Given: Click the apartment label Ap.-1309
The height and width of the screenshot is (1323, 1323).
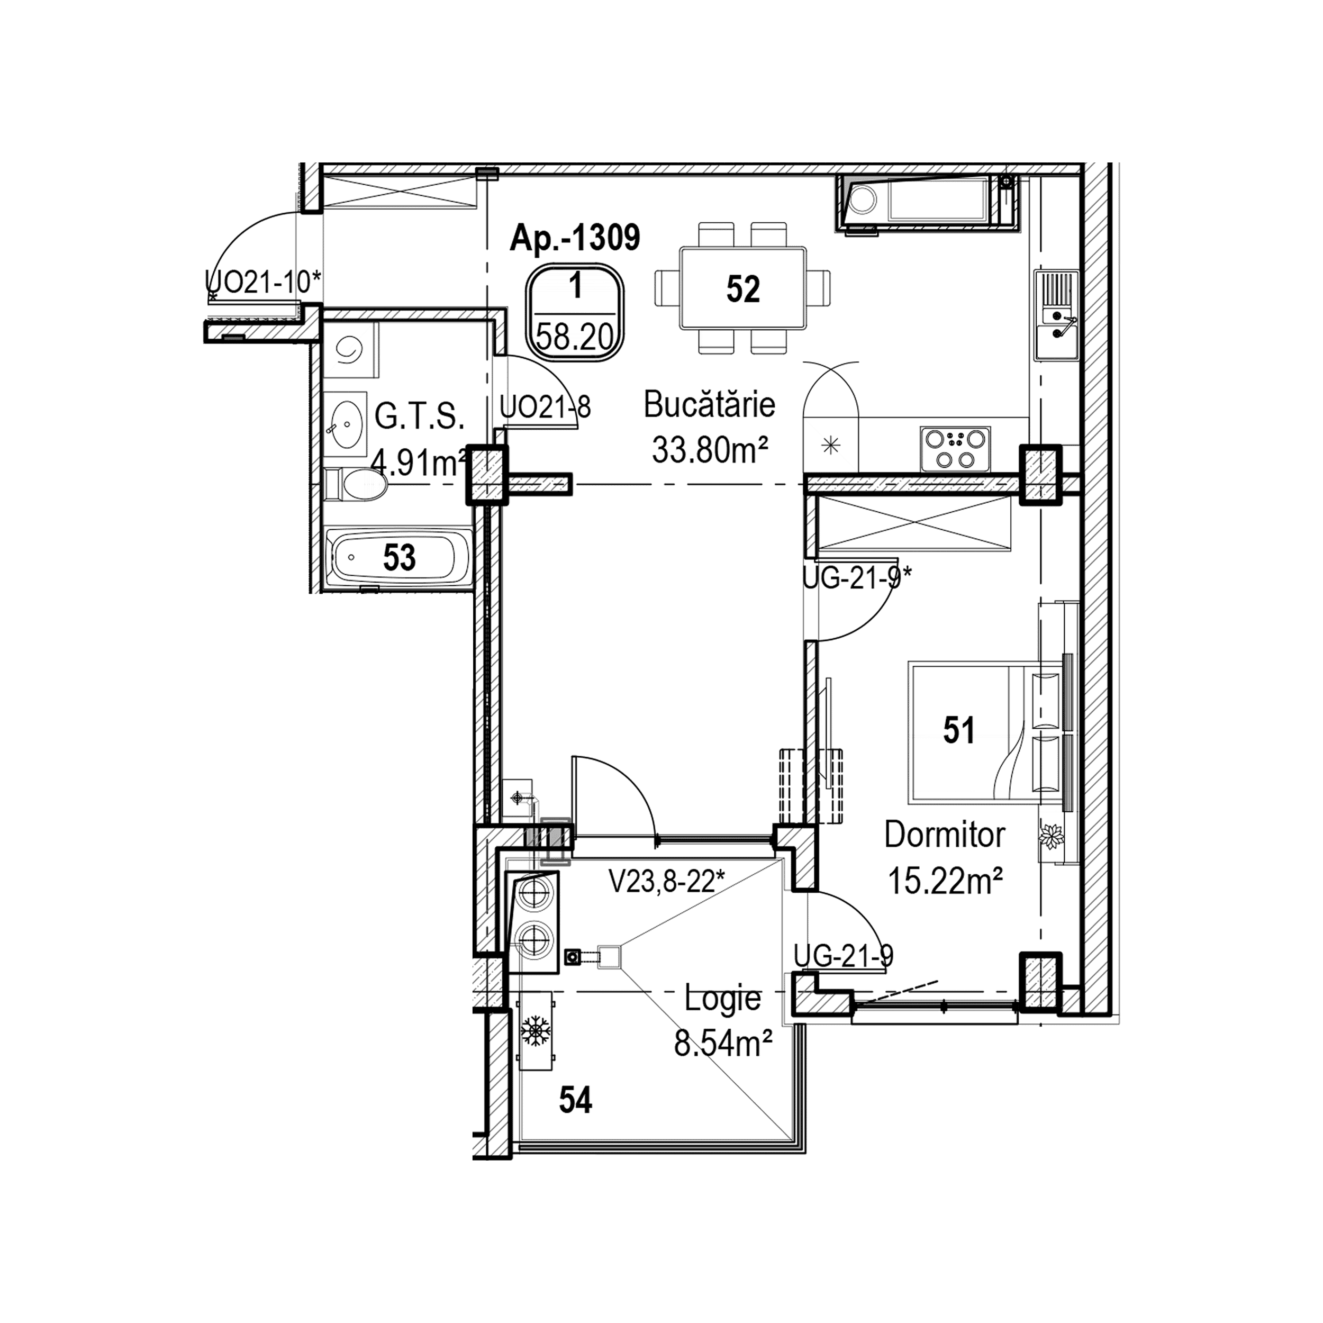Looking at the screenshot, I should pos(575,238).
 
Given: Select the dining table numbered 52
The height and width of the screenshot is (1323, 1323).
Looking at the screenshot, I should pos(743,288).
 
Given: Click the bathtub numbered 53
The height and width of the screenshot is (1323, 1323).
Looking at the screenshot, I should pos(398,557).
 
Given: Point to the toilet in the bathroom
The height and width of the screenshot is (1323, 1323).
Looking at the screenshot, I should pos(356,485).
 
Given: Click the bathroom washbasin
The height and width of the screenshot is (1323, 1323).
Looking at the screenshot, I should pos(346,424).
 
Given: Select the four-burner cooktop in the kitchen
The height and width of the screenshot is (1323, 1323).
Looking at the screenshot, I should pos(955,449).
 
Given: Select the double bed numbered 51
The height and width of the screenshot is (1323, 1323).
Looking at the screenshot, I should pos(972,731).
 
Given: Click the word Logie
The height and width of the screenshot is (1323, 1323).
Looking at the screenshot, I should pos(722,999).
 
